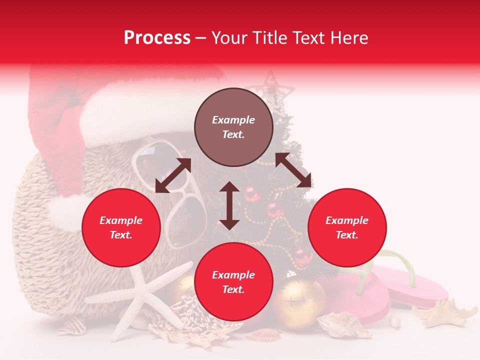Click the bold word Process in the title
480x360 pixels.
click(x=157, y=38)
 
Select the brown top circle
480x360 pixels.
click(x=233, y=127)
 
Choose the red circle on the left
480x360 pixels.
click(x=121, y=227)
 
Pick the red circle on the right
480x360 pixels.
click(x=347, y=227)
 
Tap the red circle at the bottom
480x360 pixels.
click(x=233, y=282)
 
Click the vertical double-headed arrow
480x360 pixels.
click(x=229, y=205)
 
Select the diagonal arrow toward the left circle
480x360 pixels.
click(x=173, y=175)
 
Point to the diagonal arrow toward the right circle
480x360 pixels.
click(x=293, y=170)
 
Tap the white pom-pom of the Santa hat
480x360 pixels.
click(x=67, y=212)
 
